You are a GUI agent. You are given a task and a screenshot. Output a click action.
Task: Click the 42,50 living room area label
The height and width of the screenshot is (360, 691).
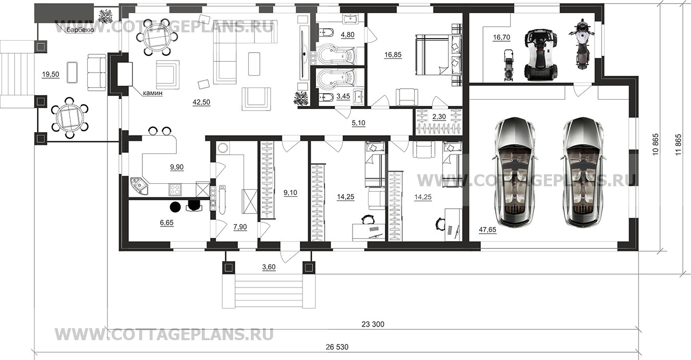[x=201, y=102]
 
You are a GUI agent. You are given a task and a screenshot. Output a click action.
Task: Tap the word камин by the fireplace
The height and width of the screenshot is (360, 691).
[x=152, y=93]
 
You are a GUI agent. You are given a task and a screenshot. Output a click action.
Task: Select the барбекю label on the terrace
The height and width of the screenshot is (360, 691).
[x=80, y=30]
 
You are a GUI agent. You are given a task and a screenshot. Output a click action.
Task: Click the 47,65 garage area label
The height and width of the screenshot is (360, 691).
[x=488, y=230]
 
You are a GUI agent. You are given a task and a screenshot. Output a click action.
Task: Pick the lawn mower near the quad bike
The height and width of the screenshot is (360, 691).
[x=508, y=65]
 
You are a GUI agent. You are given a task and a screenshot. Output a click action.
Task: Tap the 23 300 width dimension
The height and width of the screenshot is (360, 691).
[x=373, y=324]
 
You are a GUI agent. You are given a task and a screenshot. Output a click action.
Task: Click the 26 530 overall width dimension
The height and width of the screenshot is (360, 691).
[x=337, y=347]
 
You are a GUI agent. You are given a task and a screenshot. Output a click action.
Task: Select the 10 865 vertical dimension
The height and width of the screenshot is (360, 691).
[x=655, y=144]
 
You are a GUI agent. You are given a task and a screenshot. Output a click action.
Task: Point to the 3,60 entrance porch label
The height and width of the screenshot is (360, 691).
[x=269, y=267]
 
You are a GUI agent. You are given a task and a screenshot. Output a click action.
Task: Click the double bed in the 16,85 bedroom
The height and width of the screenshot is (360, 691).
[x=439, y=55]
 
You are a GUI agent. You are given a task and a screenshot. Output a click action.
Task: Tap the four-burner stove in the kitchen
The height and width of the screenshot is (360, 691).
[x=175, y=189]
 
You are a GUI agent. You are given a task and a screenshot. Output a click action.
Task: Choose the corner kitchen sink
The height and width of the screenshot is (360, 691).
[x=139, y=186]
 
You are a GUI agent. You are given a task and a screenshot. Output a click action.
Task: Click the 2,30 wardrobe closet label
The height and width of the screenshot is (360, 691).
[x=439, y=117]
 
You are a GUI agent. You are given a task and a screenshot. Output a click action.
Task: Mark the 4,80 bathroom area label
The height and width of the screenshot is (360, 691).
[x=347, y=34]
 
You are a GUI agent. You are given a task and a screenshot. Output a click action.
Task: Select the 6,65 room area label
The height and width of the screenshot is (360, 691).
[x=166, y=223]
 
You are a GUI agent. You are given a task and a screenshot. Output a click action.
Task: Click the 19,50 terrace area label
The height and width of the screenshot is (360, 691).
[x=51, y=75]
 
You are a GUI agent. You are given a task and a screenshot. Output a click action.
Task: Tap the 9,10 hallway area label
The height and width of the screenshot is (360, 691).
[x=290, y=193]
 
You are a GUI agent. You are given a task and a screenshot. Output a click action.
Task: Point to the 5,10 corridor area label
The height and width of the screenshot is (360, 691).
[x=358, y=123]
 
